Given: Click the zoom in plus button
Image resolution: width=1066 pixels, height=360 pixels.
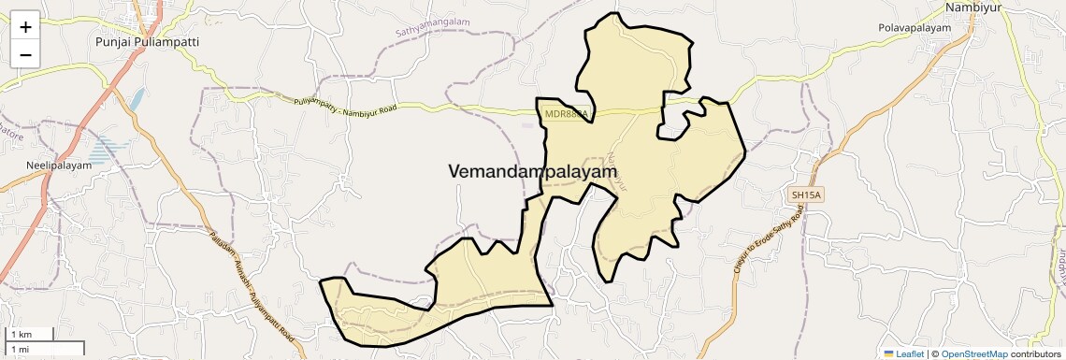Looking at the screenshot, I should (x=25, y=27).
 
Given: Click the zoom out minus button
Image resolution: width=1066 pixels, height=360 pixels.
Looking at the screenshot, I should (x=25, y=54).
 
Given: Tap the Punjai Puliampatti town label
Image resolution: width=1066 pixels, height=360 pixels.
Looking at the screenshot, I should (x=148, y=42).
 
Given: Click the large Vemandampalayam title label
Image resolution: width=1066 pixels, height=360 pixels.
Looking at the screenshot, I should (x=533, y=172).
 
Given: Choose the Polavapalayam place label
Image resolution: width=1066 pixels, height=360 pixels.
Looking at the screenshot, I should (x=914, y=28).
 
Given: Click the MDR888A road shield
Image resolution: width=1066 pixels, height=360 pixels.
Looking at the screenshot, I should (x=566, y=114).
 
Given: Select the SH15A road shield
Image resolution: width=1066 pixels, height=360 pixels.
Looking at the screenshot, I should (x=804, y=194).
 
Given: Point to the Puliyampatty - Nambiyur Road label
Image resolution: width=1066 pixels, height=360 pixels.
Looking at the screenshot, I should (x=345, y=106).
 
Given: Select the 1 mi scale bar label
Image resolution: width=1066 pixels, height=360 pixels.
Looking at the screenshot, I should (x=21, y=349).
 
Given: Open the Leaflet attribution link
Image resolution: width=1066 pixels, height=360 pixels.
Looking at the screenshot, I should (x=904, y=353).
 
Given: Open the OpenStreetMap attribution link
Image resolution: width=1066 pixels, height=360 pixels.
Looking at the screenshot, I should (x=973, y=353).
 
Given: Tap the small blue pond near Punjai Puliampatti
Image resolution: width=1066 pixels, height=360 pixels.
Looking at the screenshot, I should (x=138, y=98).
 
